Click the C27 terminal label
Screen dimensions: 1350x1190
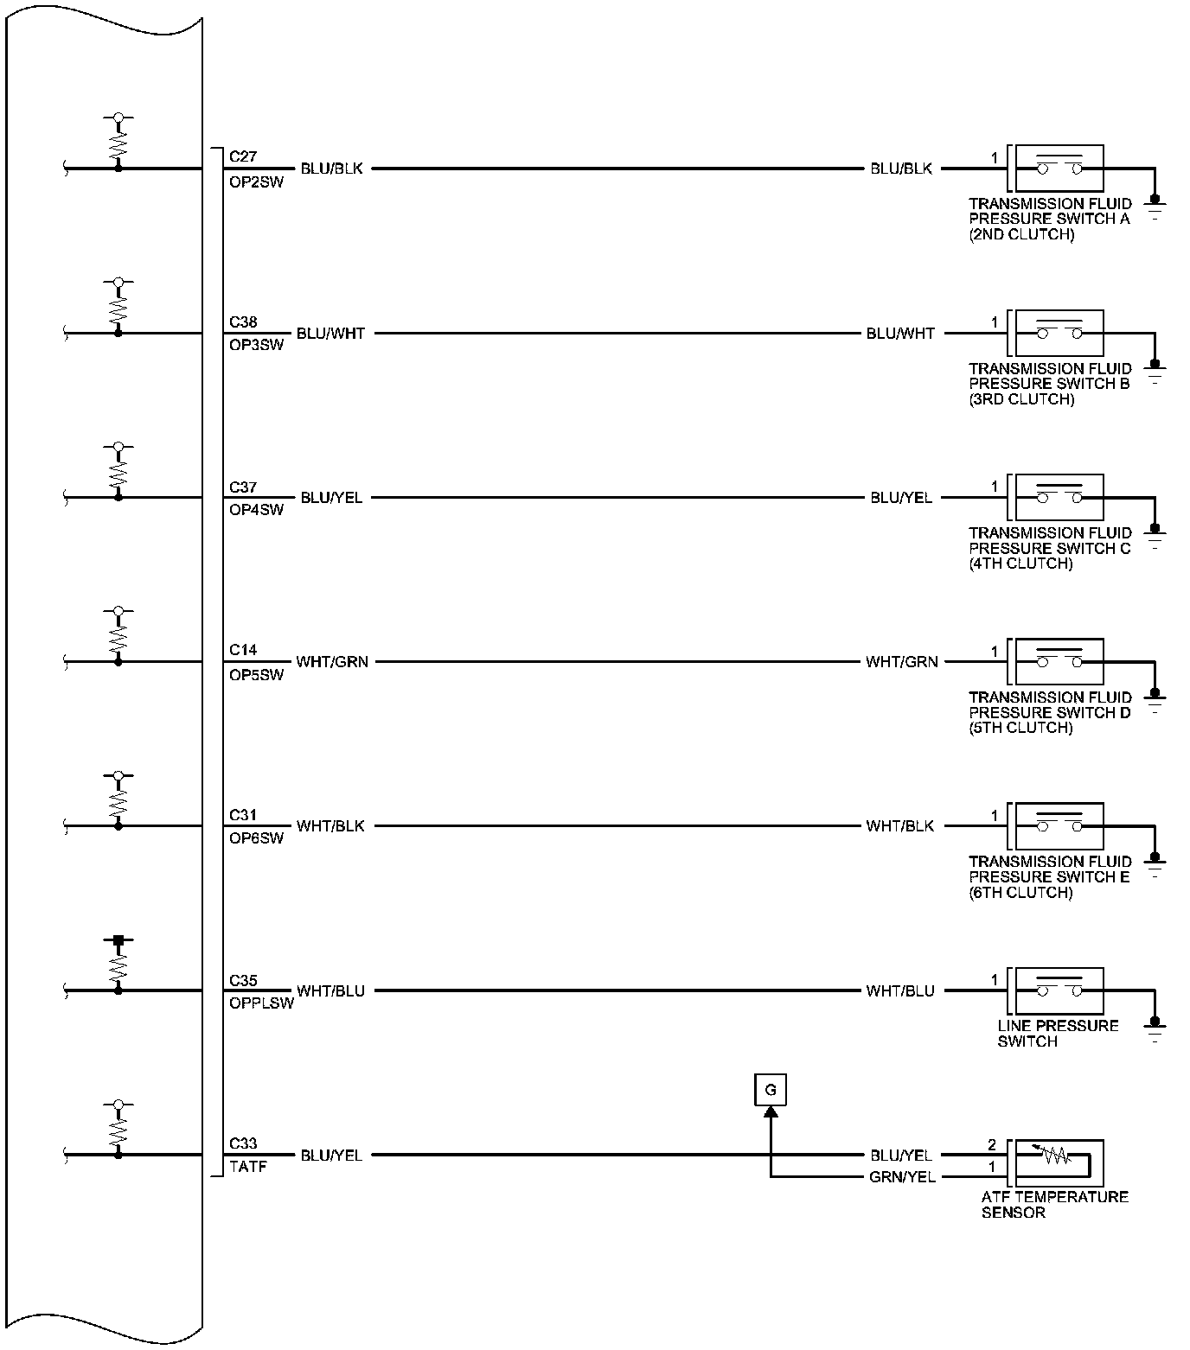click(x=242, y=156)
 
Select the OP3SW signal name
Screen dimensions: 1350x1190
click(x=256, y=345)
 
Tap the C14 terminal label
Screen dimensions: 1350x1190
click(x=242, y=650)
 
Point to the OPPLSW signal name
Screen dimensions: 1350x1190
click(x=261, y=1003)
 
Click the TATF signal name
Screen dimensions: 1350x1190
click(x=247, y=1167)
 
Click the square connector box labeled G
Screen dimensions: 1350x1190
click(x=770, y=1090)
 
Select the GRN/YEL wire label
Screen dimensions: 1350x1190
click(x=902, y=1176)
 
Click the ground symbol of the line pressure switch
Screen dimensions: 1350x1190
click(x=1155, y=1028)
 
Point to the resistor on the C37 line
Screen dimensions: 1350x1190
click(x=118, y=472)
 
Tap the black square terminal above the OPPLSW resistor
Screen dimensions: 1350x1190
click(x=118, y=939)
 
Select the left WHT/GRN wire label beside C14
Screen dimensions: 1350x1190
click(x=332, y=662)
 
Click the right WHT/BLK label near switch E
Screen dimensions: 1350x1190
click(x=899, y=826)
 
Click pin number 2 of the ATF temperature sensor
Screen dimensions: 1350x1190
click(x=992, y=1145)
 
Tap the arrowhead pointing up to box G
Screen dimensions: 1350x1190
click(x=771, y=1112)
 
